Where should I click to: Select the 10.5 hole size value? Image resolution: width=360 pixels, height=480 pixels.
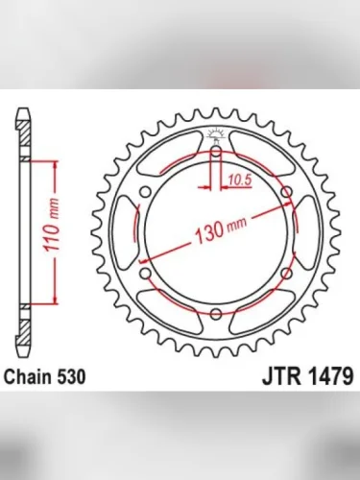[x=239, y=178]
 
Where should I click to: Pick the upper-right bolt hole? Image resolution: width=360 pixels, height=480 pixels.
[x=287, y=191]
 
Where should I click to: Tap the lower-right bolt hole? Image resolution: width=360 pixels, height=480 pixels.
[x=287, y=274]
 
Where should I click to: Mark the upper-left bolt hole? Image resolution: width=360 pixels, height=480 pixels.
[x=145, y=191]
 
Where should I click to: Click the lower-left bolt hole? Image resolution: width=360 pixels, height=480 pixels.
[x=145, y=274]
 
